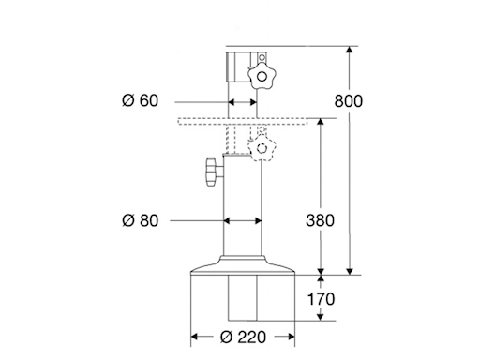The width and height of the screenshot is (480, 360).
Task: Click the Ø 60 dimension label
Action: pos(142,101)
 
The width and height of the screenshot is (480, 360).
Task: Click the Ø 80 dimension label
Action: pos(142,220)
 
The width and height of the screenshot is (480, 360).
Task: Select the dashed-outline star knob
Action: pos(262,145)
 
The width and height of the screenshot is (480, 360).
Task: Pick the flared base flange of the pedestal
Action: pos(244,270)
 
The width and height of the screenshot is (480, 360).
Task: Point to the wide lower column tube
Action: pos(243,216)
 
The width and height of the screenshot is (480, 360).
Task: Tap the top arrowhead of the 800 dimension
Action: pos(351,49)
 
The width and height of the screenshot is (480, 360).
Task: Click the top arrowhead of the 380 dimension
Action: pos(322,122)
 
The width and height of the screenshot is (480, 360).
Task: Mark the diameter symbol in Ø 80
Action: pos(128,220)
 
